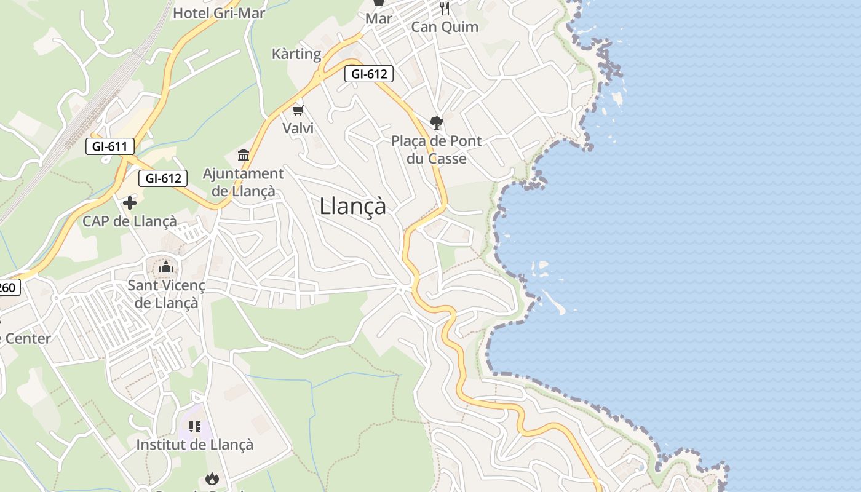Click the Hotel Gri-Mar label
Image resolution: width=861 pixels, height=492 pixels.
pyautogui.click(x=219, y=13)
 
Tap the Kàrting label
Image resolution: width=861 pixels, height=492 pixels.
pyautogui.click(x=296, y=54)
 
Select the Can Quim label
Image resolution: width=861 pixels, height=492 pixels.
pyautogui.click(x=445, y=27)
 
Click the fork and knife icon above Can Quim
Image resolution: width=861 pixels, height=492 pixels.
pyautogui.click(x=445, y=9)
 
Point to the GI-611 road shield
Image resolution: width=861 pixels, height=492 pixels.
pyautogui.click(x=109, y=146)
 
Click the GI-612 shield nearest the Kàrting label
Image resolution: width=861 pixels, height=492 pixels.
pyautogui.click(x=368, y=74)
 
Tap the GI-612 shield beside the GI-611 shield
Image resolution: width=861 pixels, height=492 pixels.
pyautogui.click(x=163, y=178)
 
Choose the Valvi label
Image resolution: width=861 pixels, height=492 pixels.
pyautogui.click(x=298, y=128)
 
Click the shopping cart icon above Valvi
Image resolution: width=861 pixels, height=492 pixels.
pyautogui.click(x=298, y=111)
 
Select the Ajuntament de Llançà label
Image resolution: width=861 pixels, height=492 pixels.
pyautogui.click(x=244, y=183)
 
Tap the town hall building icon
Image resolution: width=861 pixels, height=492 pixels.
pyautogui.click(x=244, y=155)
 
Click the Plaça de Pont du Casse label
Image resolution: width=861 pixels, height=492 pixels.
pyautogui.click(x=437, y=149)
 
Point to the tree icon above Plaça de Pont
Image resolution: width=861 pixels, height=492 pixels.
pyautogui.click(x=437, y=123)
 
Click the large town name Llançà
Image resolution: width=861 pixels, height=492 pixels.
pyautogui.click(x=353, y=206)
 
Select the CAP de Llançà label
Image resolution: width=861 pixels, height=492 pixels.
pyautogui.click(x=130, y=221)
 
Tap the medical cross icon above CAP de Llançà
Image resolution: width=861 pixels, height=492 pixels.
pyautogui.click(x=130, y=203)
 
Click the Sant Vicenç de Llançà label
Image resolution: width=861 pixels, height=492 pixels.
pyautogui.click(x=166, y=294)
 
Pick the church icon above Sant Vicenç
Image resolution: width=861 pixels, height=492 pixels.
pyautogui.click(x=166, y=268)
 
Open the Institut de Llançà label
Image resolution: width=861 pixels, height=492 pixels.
pyautogui.click(x=194, y=445)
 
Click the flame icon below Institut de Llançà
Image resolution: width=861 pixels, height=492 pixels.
pyautogui.click(x=212, y=478)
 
